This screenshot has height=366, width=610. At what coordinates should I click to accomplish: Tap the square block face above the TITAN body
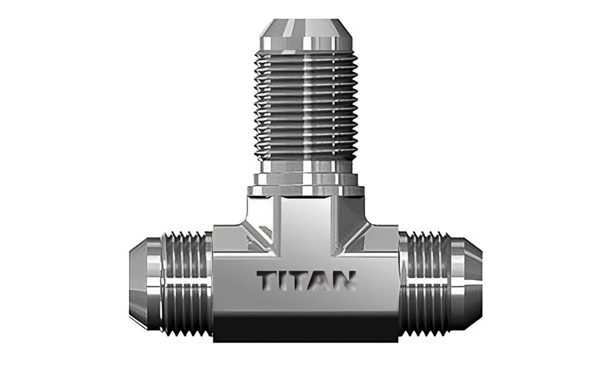tap(305, 221)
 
